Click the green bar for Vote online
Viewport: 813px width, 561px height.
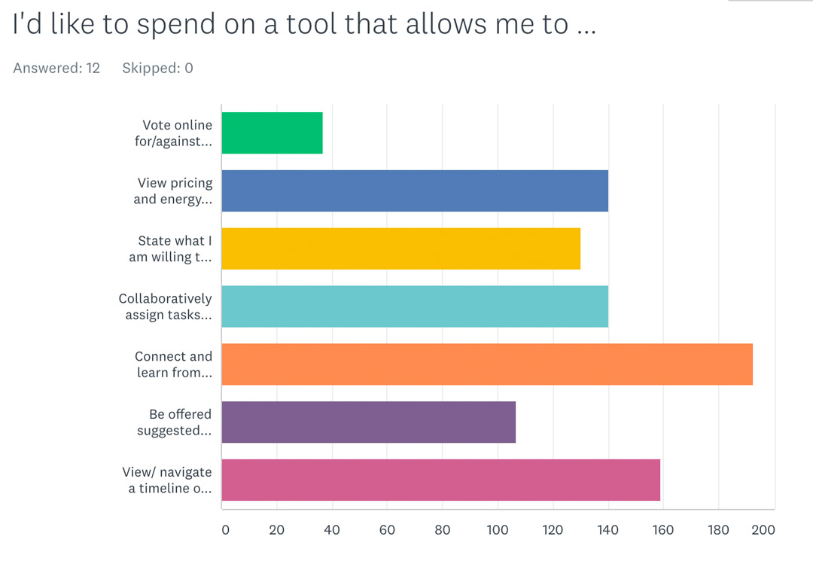272,133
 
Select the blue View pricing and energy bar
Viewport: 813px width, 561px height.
415,191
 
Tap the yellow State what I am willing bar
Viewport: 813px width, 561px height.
400,248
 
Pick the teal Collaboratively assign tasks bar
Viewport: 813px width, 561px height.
415,306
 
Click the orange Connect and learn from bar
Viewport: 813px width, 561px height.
487,364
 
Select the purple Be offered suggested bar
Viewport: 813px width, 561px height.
369,422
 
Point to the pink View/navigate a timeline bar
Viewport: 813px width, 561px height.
441,480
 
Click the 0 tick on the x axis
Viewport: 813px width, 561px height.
225,530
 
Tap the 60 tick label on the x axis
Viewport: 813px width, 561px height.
387,530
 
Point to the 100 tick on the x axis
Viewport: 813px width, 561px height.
498,530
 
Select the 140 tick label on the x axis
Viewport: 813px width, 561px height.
607,530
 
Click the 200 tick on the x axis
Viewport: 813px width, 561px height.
763,530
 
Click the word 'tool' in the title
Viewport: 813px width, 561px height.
312,25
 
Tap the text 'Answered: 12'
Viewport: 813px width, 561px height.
56,68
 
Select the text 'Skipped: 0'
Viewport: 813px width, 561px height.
157,68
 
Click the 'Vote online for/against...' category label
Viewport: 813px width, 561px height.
173,133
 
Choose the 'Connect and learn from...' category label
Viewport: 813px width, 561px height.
173,364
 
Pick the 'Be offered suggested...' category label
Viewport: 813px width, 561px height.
174,422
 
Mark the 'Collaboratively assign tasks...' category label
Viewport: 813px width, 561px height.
165,306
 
